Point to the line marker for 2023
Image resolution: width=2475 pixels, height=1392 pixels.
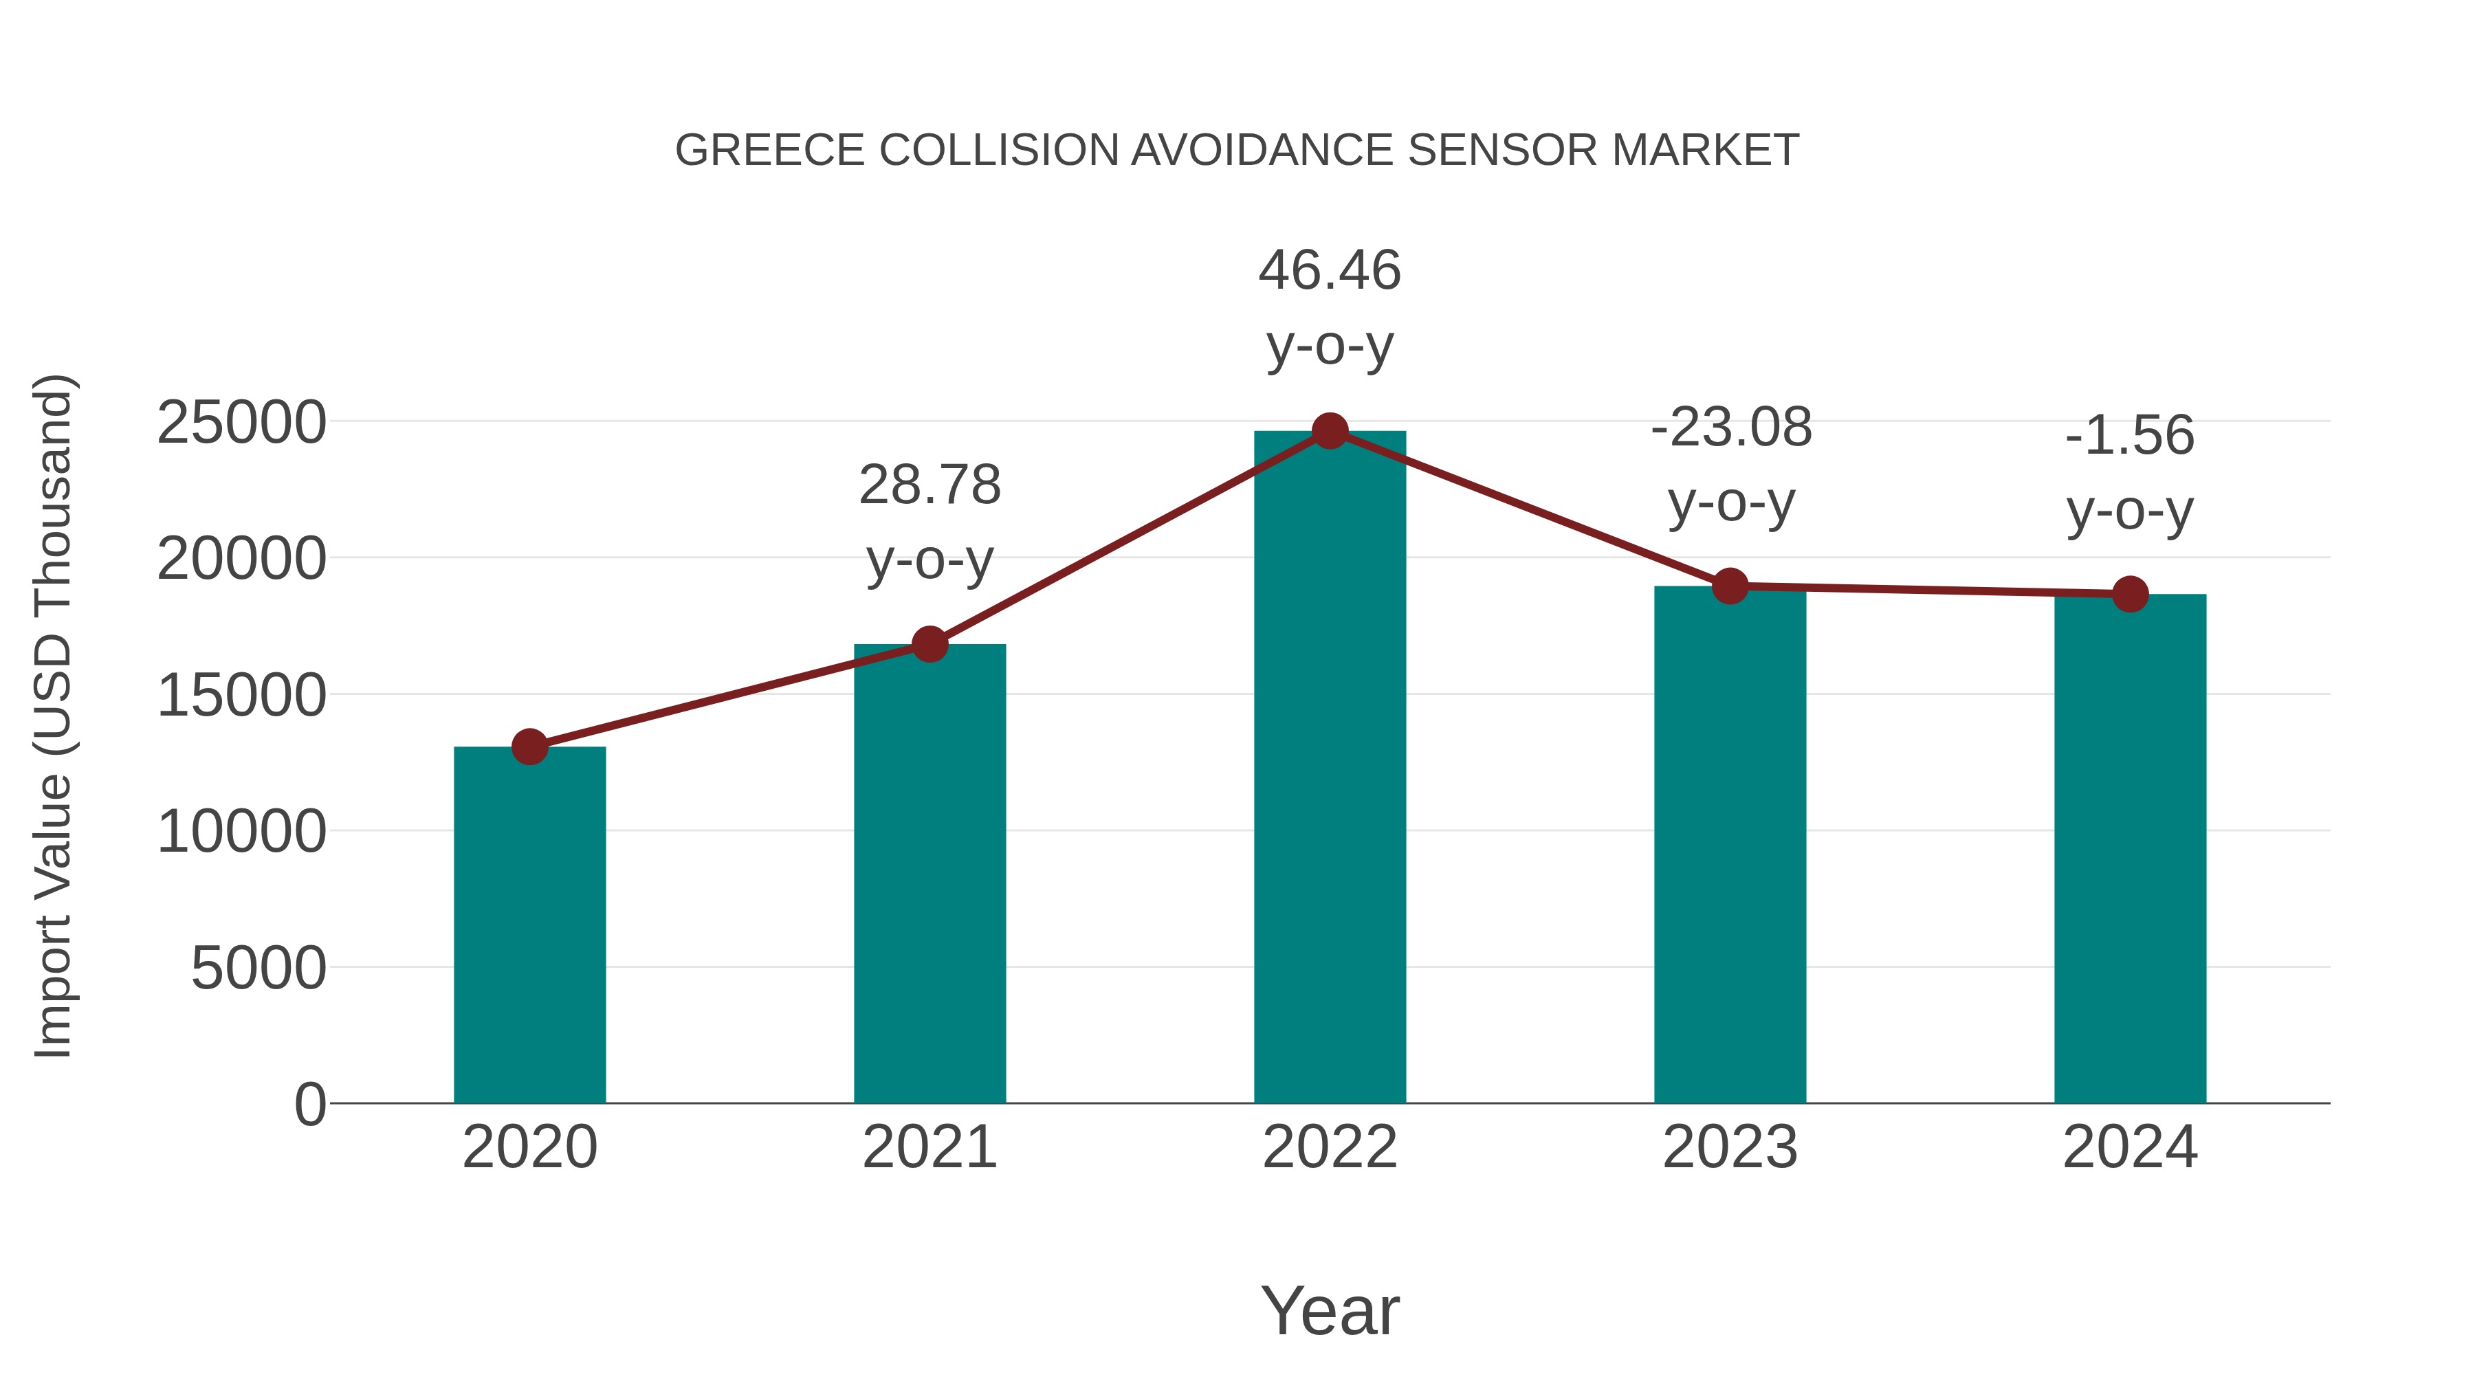[x=1730, y=585]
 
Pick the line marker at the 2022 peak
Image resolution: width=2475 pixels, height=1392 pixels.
[x=1330, y=431]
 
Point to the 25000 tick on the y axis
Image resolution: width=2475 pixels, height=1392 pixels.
[x=241, y=423]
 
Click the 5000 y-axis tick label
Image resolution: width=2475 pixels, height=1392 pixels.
[x=258, y=969]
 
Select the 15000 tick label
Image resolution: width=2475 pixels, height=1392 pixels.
[x=241, y=696]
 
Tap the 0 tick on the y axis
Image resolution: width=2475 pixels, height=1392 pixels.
[x=310, y=1105]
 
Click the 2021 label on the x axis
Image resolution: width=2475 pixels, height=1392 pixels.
[x=929, y=1148]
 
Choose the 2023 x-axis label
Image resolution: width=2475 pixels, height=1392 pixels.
[x=1730, y=1148]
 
